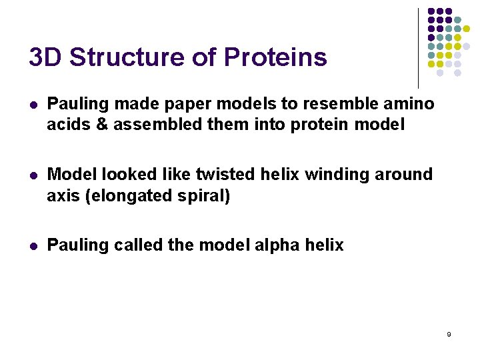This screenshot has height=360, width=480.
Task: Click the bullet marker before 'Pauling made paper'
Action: [33, 105]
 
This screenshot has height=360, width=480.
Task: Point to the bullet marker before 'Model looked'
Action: [33, 175]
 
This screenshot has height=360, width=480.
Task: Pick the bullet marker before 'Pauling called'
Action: [33, 246]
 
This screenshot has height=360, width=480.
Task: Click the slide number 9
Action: [449, 334]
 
